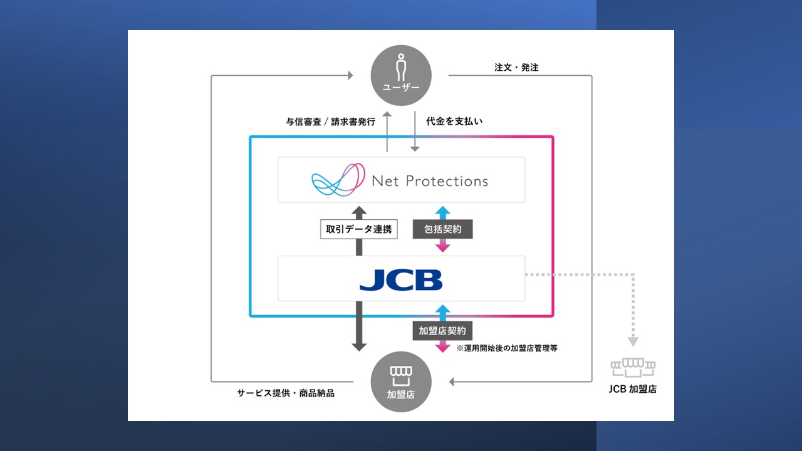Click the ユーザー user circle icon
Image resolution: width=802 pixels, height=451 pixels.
click(x=401, y=75)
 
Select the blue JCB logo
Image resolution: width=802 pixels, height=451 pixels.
click(x=401, y=280)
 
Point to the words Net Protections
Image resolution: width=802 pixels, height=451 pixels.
click(x=430, y=181)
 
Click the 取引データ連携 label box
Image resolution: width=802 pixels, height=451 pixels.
click(x=358, y=230)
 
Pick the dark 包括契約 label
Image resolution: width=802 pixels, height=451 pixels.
click(x=442, y=229)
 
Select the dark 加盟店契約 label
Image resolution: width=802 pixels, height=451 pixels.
click(x=442, y=331)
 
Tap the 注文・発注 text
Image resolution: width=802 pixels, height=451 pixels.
click(x=516, y=68)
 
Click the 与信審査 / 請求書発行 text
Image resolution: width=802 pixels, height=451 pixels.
click(x=330, y=122)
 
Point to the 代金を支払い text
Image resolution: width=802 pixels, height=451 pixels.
click(x=454, y=122)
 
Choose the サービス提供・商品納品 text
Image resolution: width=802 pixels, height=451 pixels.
click(x=286, y=393)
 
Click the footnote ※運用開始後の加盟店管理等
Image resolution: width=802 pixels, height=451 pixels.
click(x=507, y=348)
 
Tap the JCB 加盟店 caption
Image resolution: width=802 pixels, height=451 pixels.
click(x=633, y=389)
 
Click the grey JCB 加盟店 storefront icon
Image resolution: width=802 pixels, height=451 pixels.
click(x=633, y=367)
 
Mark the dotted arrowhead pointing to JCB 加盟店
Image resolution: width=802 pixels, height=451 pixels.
click(x=633, y=341)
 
